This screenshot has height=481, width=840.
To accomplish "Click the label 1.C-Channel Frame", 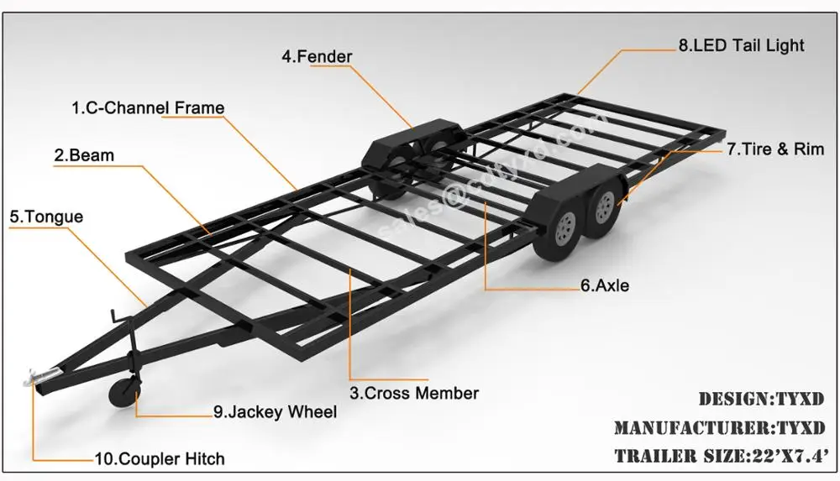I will point(148,107).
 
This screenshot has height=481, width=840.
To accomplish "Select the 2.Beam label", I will point(84,155).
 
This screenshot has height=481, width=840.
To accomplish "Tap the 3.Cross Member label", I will point(414,393).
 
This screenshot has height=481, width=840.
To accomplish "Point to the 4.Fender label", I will point(317,57).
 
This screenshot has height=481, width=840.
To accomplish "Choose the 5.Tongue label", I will point(46,217).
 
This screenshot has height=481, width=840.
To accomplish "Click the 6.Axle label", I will point(604,285).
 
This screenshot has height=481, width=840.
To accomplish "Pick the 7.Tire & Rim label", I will point(775,149).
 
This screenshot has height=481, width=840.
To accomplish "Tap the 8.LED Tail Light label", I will point(741,45).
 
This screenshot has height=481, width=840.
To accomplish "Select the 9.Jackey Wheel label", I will point(275,411).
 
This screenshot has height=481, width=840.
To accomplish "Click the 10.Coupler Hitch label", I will point(160,459).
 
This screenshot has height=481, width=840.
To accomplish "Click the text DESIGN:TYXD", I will point(761,399).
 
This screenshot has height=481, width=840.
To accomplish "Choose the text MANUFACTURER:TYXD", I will point(719,428).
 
